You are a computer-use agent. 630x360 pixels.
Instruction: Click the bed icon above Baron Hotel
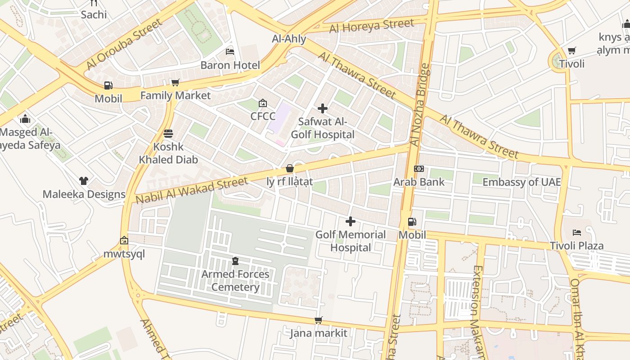[x=230, y=51]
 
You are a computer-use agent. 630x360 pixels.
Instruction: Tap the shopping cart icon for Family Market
[x=175, y=82]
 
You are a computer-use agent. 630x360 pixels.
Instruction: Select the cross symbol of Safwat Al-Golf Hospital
[x=323, y=108]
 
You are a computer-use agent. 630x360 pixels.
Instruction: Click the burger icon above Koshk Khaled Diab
[x=168, y=134]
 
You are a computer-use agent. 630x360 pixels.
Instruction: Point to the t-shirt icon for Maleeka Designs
[x=84, y=181]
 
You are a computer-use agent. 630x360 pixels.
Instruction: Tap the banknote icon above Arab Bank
[x=419, y=169]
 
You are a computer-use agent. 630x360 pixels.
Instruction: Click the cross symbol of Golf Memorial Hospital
[x=351, y=221]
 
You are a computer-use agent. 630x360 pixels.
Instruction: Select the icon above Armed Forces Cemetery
[x=235, y=261]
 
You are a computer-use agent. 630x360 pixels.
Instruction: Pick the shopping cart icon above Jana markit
[x=319, y=320]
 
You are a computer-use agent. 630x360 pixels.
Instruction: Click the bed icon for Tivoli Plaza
[x=577, y=233]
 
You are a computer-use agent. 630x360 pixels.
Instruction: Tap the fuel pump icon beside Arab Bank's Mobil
[x=412, y=222]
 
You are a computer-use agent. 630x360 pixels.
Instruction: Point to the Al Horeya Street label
[x=372, y=26]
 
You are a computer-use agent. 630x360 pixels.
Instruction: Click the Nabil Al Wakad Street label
[x=192, y=190]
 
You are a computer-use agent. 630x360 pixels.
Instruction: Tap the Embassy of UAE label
[x=522, y=182]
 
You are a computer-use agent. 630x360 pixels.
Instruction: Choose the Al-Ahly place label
[x=289, y=39]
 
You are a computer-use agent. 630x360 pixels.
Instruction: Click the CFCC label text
[x=263, y=116]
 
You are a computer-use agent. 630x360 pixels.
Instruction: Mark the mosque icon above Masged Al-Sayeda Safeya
[x=25, y=119]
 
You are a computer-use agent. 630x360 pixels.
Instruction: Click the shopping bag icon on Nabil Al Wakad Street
[x=290, y=169]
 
